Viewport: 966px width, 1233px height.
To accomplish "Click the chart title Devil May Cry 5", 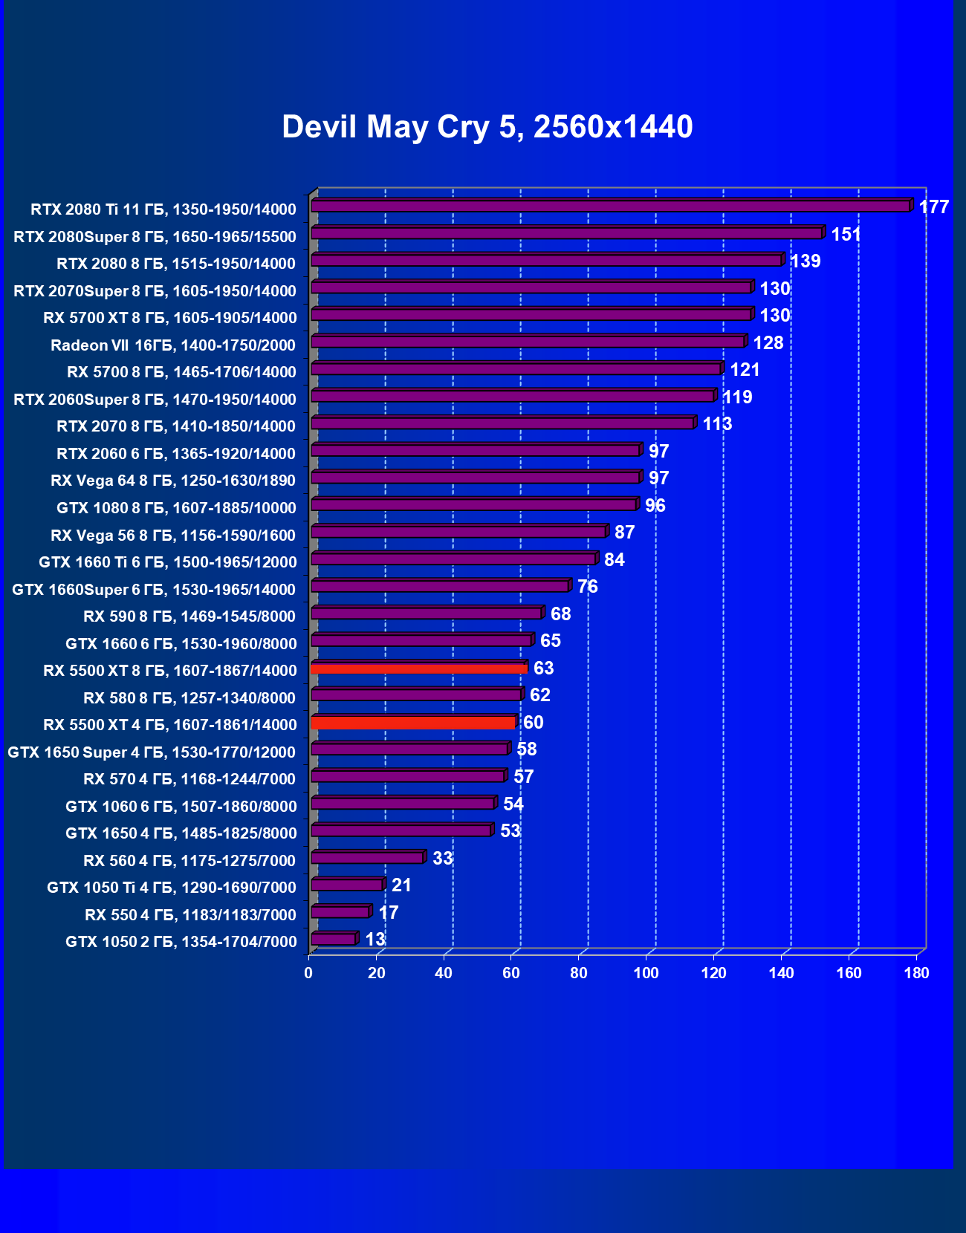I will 487,127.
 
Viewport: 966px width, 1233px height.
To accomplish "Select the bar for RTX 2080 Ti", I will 609,206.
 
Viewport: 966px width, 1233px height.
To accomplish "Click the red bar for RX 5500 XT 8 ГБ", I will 419,668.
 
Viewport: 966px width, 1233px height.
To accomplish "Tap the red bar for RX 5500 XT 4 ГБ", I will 413,723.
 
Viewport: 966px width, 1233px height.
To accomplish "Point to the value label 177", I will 933,207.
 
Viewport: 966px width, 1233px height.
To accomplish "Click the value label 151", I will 846,235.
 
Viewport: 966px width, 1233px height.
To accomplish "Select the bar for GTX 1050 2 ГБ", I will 334,940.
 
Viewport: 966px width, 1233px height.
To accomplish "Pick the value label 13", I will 375,940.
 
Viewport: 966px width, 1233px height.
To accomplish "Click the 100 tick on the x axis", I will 646,973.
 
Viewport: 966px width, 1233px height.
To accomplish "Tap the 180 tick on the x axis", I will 916,973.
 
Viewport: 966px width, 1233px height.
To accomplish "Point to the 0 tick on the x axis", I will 308,973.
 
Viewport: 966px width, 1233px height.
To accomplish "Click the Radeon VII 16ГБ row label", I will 173,345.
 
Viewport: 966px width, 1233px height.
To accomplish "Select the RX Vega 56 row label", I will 173,536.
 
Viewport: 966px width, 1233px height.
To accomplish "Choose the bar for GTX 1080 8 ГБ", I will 474,505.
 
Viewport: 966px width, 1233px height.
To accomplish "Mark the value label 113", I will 717,424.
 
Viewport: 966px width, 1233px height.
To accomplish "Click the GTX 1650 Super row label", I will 152,752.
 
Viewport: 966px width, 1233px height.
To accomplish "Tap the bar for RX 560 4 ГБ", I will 367,858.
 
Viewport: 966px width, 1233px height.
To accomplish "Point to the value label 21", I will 401,885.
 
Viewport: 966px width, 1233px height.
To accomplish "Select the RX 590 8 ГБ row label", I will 189,616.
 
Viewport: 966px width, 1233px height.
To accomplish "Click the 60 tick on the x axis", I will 511,973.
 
